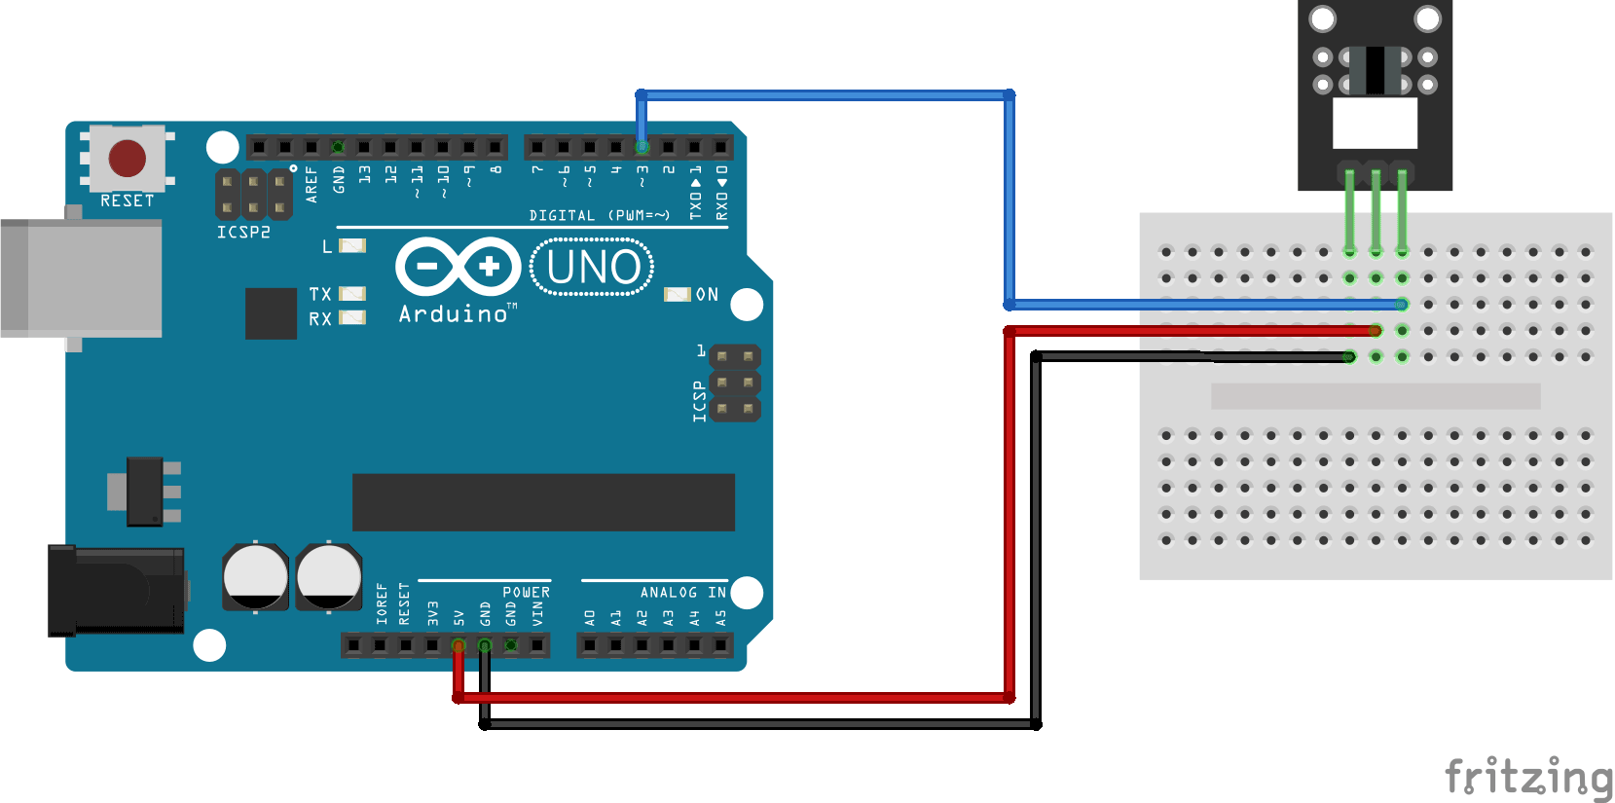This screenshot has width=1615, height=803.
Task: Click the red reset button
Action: coord(128,158)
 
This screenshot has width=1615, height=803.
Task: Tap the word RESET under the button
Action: coord(128,201)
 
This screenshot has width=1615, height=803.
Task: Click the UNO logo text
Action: coord(593,267)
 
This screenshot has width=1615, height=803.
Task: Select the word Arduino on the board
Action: coord(454,314)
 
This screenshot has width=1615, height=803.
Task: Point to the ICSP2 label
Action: coord(243,233)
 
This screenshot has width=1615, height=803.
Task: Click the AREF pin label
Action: coord(312,184)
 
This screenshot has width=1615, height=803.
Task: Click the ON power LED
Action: coord(677,294)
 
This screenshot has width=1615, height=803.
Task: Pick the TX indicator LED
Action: coord(352,293)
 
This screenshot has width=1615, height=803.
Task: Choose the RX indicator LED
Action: coord(352,317)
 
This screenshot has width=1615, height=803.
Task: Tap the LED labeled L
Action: coord(352,245)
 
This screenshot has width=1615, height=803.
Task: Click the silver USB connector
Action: coord(81,278)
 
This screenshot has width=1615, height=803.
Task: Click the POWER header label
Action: coord(526,592)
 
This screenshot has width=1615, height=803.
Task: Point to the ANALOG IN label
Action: coord(682,592)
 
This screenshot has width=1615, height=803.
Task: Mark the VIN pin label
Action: coord(537,613)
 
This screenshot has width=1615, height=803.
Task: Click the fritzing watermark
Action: coord(1528,778)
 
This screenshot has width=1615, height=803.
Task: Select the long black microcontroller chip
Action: coord(543,502)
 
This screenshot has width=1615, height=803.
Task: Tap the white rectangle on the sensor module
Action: coord(1375,123)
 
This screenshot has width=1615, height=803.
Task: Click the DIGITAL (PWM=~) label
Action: coord(599,215)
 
